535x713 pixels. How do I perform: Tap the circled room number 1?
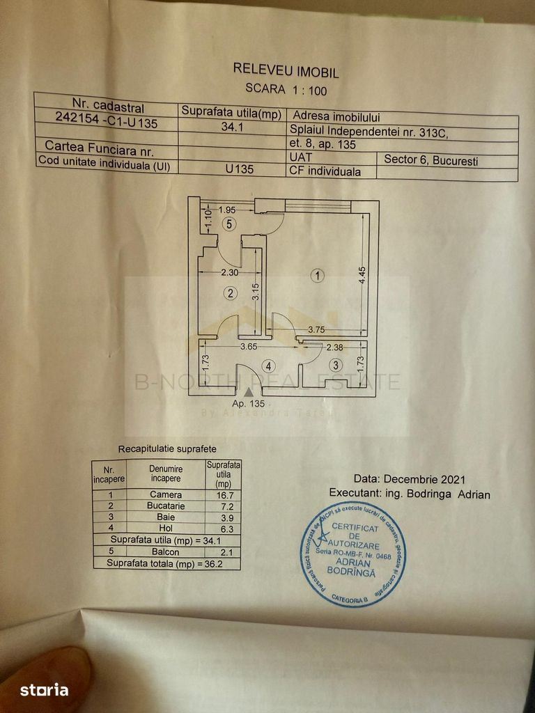[x=318, y=276]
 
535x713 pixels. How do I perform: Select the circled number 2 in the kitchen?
[x=231, y=293]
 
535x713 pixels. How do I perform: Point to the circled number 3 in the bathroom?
[x=336, y=365]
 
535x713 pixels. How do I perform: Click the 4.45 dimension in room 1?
[x=362, y=279]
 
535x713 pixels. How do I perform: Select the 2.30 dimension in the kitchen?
[x=229, y=272]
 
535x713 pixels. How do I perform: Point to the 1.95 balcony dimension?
[x=228, y=209]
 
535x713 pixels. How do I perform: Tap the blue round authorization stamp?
[x=352, y=554]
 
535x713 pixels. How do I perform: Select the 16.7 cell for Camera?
[x=222, y=494]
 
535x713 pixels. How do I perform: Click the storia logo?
[x=44, y=690]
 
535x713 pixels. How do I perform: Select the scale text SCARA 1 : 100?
[x=286, y=88]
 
